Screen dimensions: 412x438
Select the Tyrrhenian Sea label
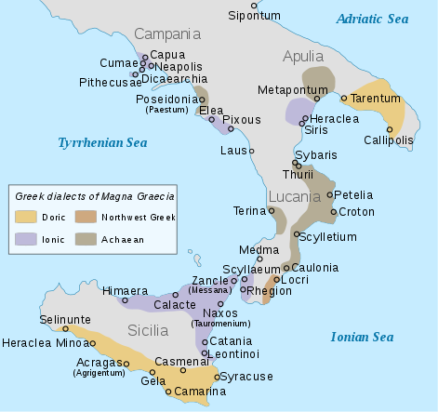(102, 143)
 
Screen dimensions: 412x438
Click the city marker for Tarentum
(344, 98)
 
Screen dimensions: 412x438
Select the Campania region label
(167, 34)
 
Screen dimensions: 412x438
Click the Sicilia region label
(147, 330)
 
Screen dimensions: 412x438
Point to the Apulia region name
(304, 56)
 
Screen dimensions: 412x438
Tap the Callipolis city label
(388, 140)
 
